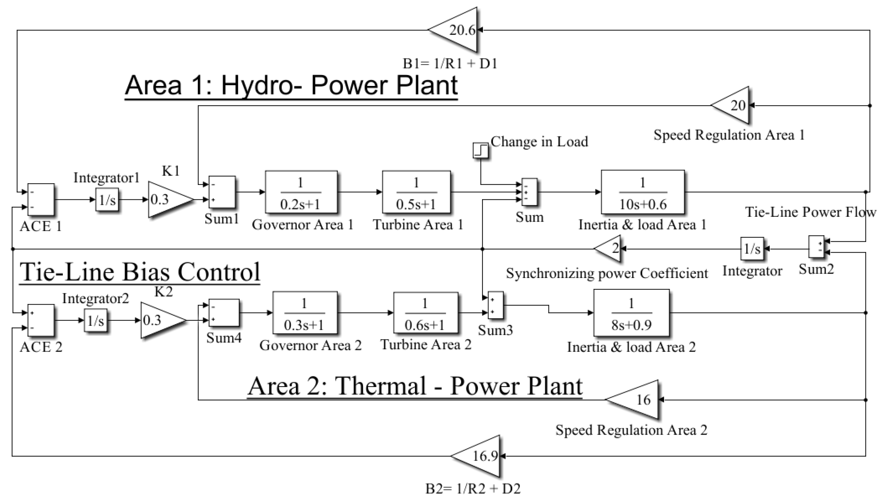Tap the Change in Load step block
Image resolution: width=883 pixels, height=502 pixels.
coord(480,151)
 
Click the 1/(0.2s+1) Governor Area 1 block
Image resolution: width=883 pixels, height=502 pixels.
coord(301,192)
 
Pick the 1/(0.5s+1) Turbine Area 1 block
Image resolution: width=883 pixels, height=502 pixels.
coord(416,192)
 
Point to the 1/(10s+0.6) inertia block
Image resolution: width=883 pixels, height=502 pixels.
coord(642,192)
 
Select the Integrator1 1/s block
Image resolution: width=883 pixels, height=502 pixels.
coord(107,199)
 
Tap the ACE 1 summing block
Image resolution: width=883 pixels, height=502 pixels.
coord(41,199)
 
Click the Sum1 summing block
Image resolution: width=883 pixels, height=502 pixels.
coord(222,192)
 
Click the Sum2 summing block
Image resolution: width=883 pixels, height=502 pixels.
coord(816,246)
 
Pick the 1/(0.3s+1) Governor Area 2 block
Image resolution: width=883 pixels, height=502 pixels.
coord(305,313)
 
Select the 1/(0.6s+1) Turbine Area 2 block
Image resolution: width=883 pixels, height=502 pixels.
coord(426,313)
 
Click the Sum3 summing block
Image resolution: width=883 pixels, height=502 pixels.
coord(495,305)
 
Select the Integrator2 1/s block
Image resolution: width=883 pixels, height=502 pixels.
coord(95,320)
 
